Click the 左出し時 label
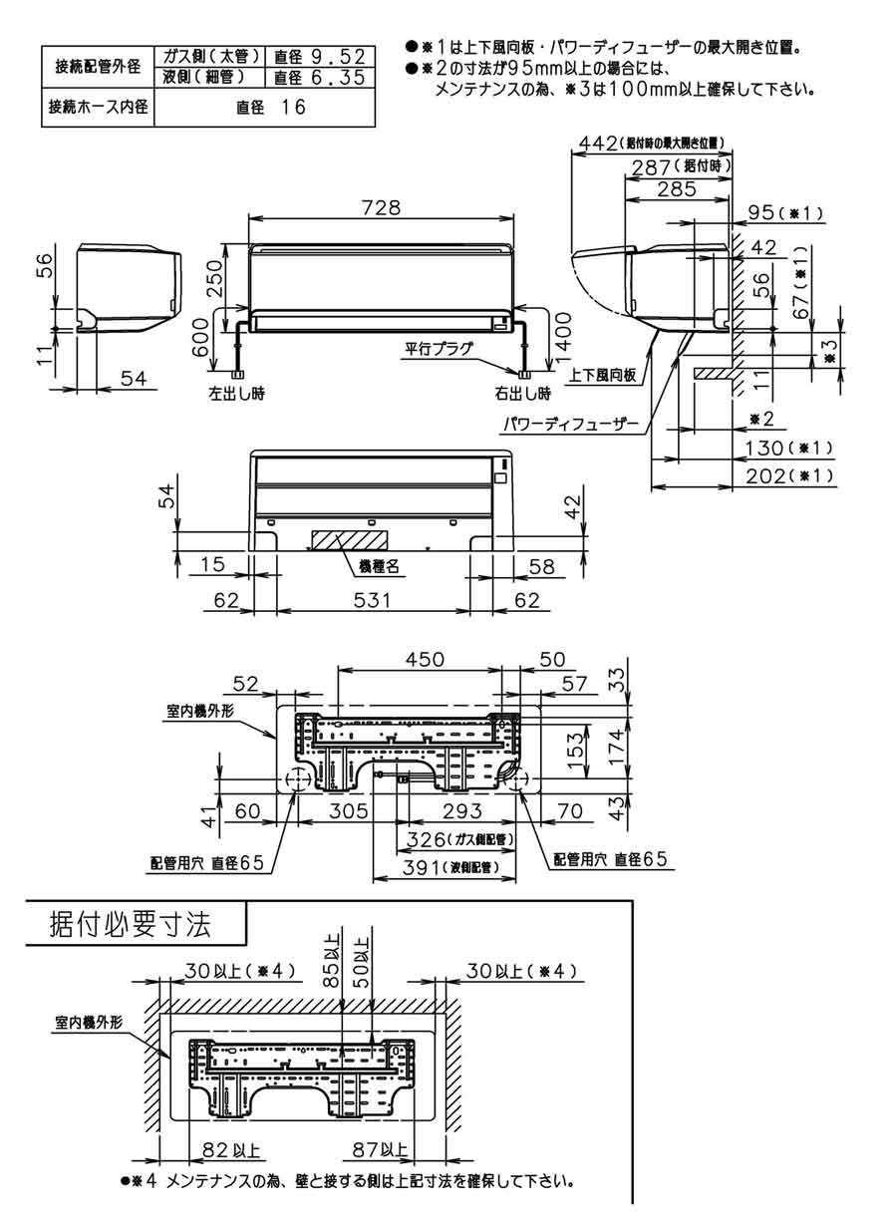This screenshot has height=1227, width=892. coord(236,392)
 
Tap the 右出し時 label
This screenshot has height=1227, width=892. coord(522,392)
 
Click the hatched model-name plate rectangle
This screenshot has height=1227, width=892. coord(346,538)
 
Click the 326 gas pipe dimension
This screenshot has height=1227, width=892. coord(453,839)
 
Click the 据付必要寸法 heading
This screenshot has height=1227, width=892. coord(130,924)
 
